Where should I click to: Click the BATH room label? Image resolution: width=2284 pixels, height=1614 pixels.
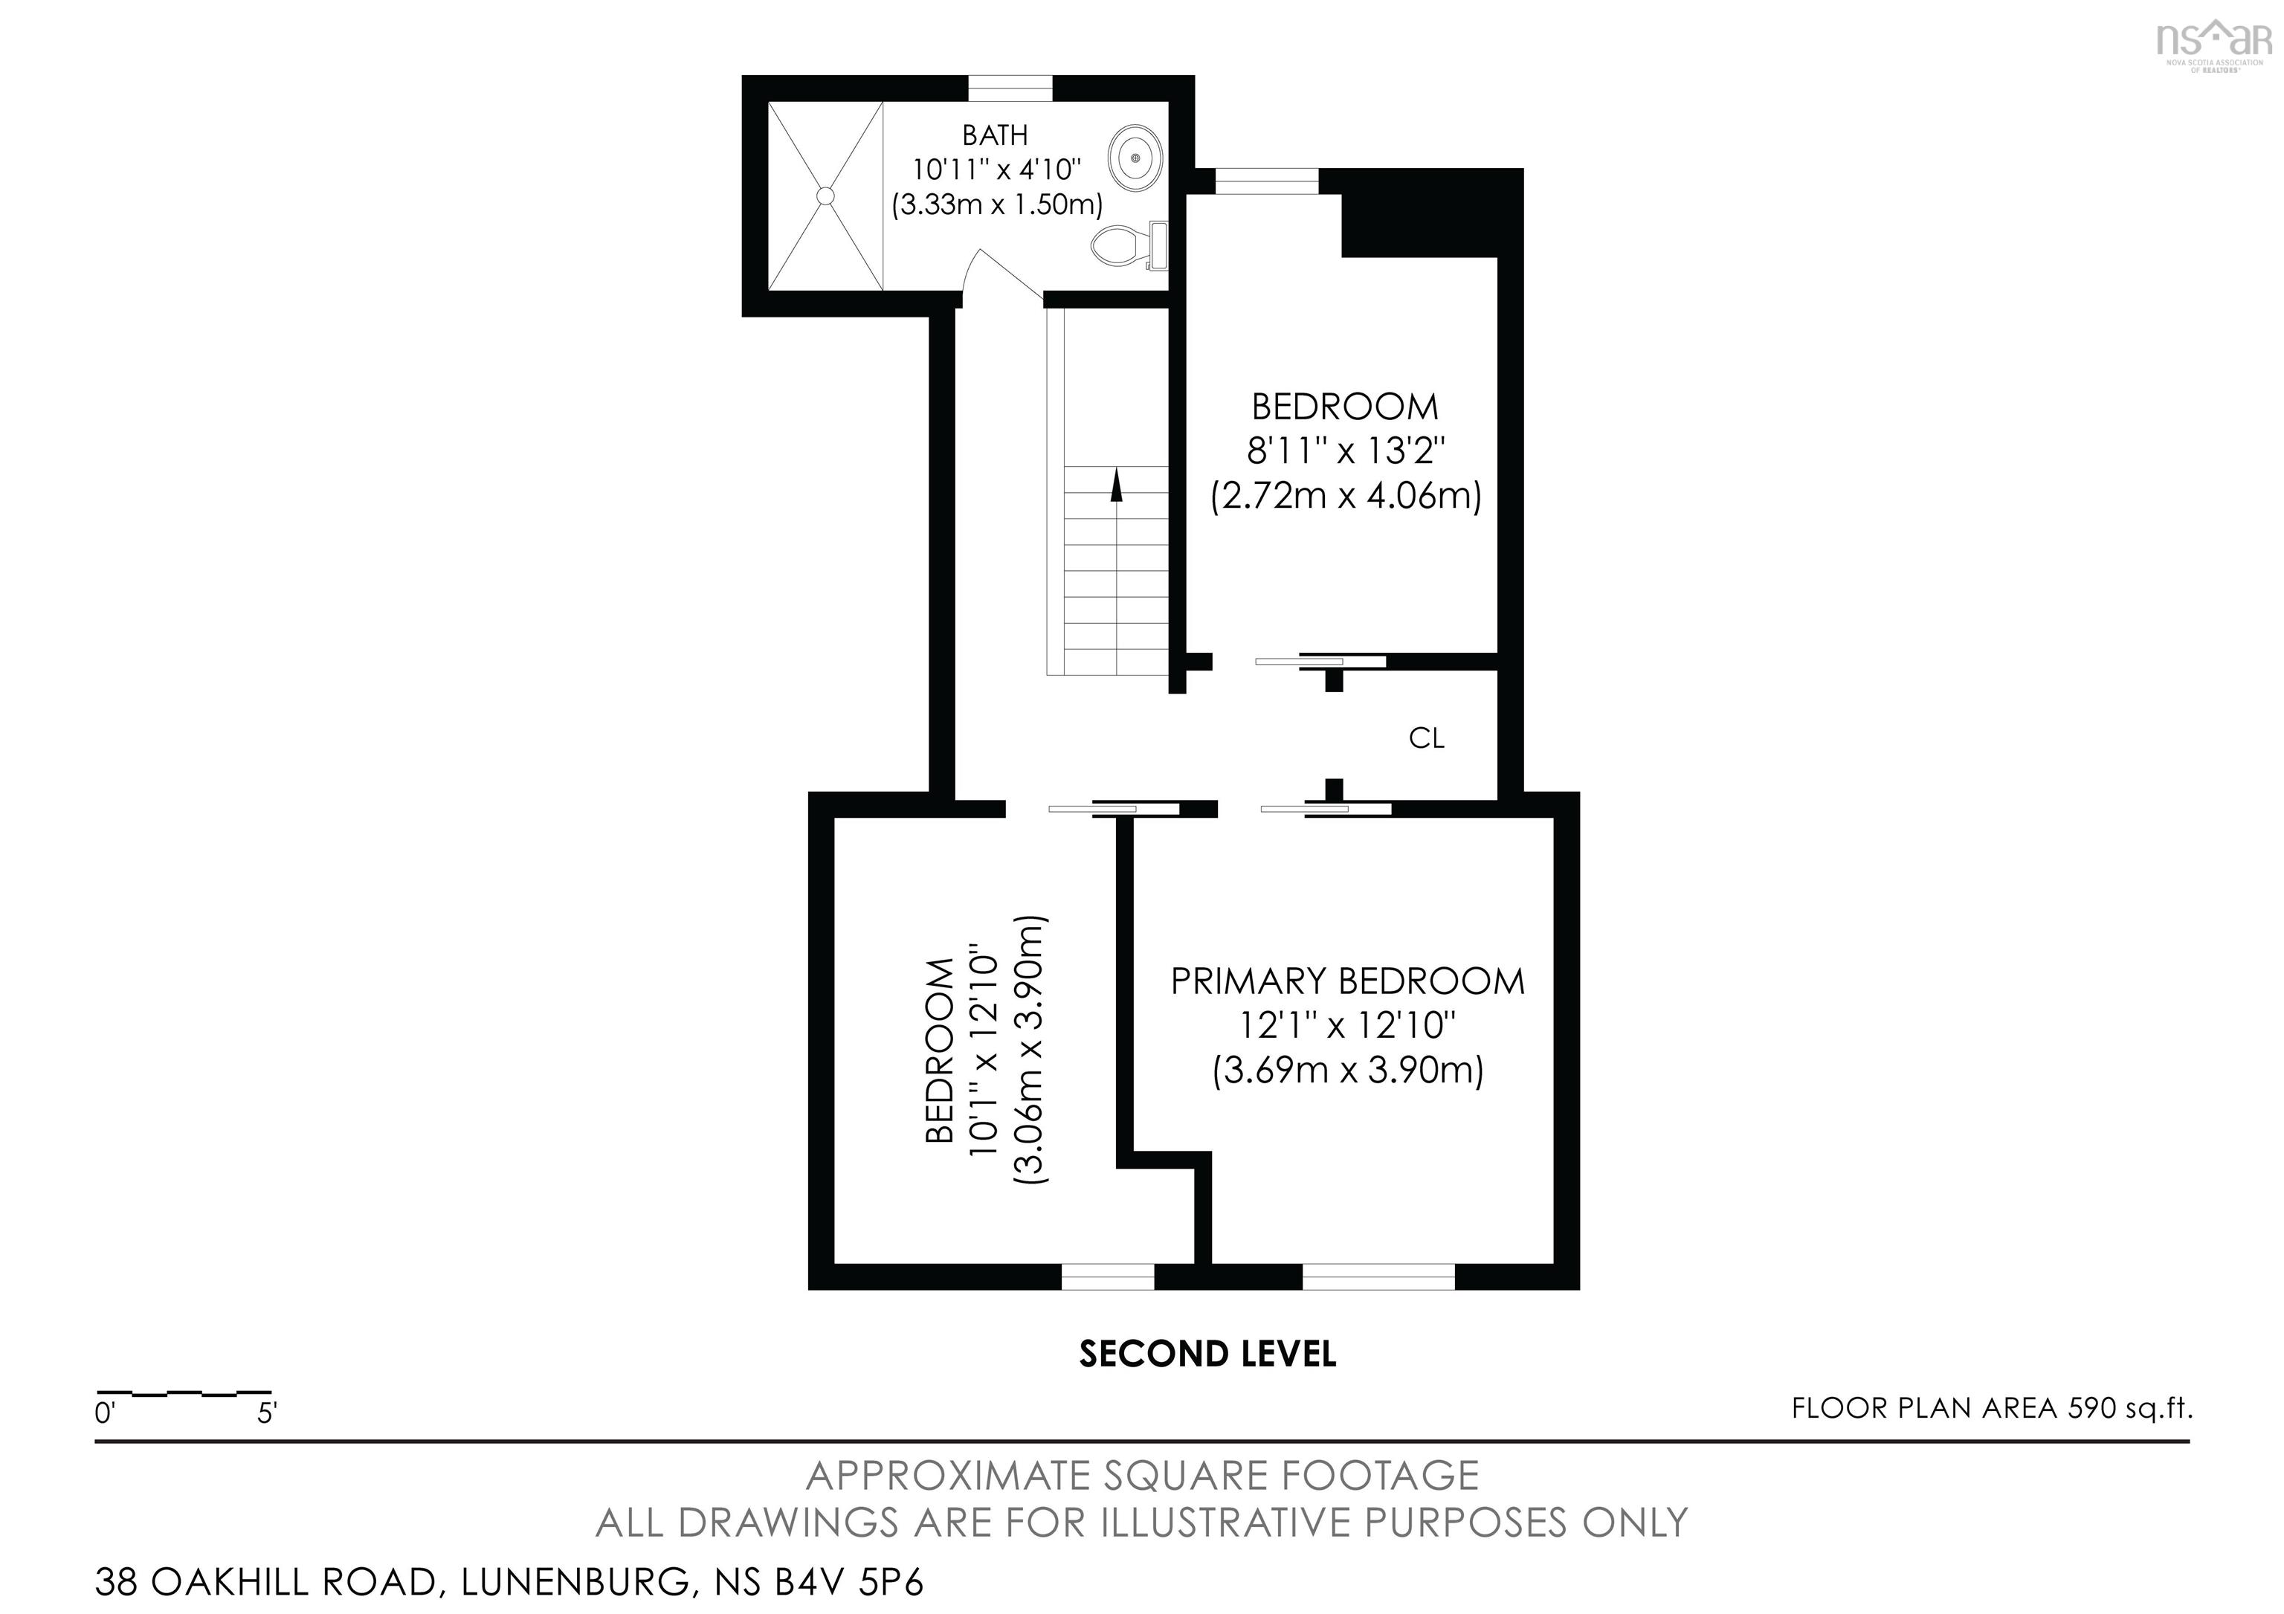(994, 135)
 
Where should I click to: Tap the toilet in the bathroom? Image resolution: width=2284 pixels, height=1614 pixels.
(1127, 245)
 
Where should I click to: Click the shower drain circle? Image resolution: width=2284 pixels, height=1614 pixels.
(825, 196)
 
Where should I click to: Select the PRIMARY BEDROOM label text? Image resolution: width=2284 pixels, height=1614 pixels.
(1347, 981)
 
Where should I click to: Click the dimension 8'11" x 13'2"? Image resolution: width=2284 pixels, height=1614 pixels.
(1345, 451)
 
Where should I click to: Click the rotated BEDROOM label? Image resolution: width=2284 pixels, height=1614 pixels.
(940, 1050)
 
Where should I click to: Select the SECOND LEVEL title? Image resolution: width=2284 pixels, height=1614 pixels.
(1207, 1354)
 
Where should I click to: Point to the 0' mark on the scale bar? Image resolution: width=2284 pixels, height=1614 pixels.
(106, 1413)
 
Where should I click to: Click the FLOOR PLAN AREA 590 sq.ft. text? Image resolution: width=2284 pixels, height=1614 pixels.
(1992, 1408)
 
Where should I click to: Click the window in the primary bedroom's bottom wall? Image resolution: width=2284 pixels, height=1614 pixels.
(1378, 1277)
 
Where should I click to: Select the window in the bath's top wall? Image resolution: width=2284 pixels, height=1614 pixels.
(1010, 88)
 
